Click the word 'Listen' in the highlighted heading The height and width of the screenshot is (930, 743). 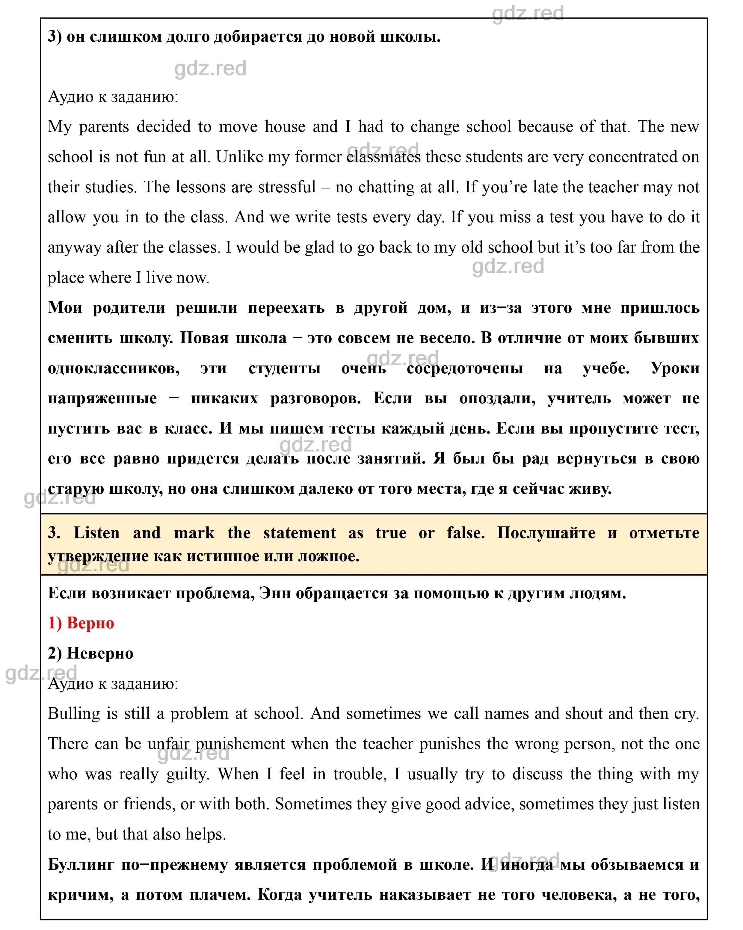96,533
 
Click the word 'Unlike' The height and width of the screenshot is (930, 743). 239,157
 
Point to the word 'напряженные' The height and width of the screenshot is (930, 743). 102,398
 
